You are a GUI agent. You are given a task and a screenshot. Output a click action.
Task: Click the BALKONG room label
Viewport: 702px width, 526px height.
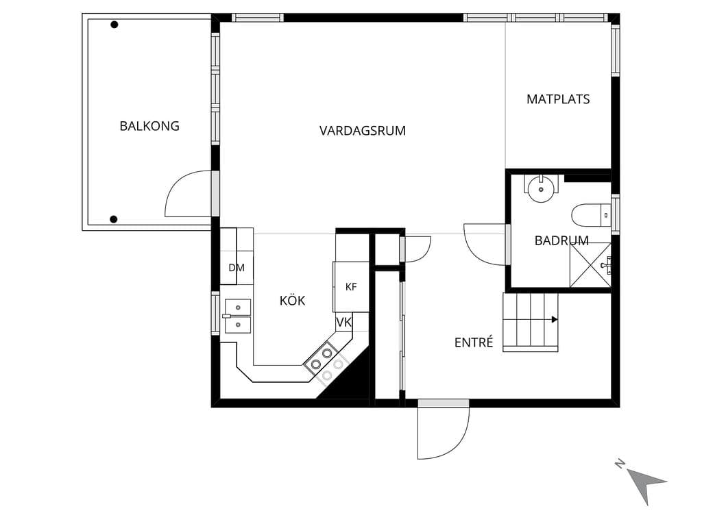point(149,126)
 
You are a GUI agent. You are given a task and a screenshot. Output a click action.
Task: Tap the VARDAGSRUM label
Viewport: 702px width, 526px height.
point(363,131)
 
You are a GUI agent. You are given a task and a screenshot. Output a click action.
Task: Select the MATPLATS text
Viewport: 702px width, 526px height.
point(558,99)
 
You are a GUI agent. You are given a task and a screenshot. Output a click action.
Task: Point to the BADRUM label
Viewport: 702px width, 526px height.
point(561,240)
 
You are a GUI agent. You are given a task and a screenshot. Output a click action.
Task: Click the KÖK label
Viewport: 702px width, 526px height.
point(292,300)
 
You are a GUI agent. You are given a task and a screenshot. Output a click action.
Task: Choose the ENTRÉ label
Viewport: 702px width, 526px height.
point(474,342)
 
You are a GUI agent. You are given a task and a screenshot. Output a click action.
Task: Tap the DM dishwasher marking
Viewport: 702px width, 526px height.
point(237,268)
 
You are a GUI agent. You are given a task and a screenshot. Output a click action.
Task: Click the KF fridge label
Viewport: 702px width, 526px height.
point(351,287)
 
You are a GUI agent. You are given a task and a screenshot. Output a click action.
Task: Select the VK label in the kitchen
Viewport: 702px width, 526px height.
point(344,322)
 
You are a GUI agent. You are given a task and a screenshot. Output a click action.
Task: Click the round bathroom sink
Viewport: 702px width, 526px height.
point(542,189)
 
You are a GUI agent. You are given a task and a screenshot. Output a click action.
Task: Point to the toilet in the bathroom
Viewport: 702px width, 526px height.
point(591,215)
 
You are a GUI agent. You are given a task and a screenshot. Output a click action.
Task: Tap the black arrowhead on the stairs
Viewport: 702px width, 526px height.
point(555,319)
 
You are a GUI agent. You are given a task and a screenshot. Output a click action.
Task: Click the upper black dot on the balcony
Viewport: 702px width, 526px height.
point(114,25)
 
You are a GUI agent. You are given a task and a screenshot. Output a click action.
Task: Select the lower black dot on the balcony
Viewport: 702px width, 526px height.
point(114,219)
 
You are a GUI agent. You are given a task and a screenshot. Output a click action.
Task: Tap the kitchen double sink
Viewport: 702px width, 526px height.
point(237,316)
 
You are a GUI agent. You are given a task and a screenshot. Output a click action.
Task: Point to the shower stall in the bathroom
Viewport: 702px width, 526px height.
point(590,265)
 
